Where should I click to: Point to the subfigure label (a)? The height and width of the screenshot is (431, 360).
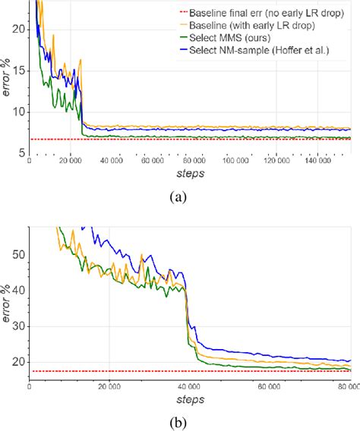(x=179, y=197)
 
